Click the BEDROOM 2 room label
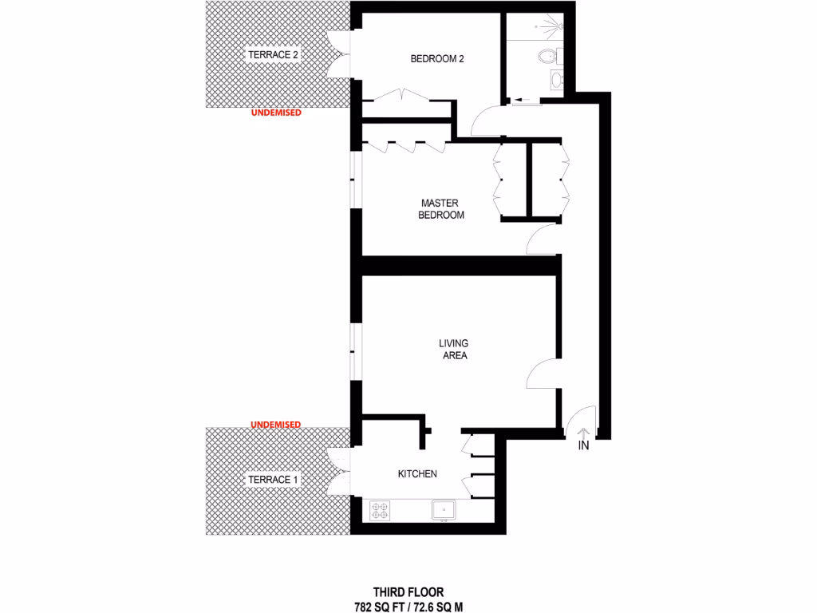[x=437, y=58]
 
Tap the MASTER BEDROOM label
[x=440, y=209]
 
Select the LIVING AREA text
[x=453, y=350]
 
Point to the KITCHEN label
[x=417, y=474]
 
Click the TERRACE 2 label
[x=273, y=55]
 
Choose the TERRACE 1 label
[x=273, y=480]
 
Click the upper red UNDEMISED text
[x=276, y=113]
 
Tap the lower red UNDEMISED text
[x=276, y=424]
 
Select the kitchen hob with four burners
[x=379, y=509]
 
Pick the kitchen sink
[x=443, y=509]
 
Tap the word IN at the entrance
[x=583, y=446]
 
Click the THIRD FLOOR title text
[x=408, y=593]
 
